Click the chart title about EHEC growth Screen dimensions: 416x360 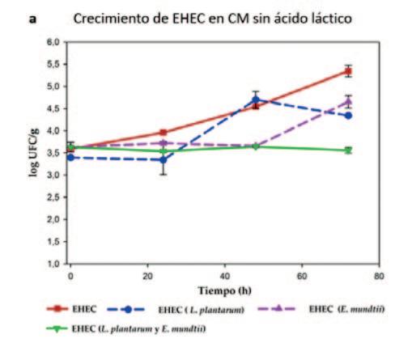[213, 19]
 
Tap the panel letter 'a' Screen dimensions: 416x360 [32, 19]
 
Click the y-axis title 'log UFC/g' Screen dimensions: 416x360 [34, 152]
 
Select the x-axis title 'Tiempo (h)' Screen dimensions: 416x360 [224, 290]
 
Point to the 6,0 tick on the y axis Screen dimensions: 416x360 [53, 42]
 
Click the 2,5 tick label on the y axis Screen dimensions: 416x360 [53, 197]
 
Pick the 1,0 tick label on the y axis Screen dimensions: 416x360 [53, 264]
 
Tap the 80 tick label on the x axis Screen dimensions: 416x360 [379, 276]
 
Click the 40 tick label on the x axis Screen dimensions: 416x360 [225, 276]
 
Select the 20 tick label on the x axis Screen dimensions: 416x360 [147, 276]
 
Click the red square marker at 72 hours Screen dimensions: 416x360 [348, 71]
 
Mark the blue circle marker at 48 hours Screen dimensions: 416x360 [256, 100]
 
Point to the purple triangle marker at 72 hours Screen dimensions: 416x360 [348, 102]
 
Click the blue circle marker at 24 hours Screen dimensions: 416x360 [163, 160]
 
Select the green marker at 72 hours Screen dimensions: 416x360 [348, 150]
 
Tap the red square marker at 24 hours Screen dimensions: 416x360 [163, 133]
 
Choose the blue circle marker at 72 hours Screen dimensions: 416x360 [348, 116]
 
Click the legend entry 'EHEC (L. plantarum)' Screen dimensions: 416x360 [176, 310]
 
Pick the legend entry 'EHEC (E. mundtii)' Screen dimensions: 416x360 [321, 309]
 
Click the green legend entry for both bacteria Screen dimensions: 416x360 [126, 329]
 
